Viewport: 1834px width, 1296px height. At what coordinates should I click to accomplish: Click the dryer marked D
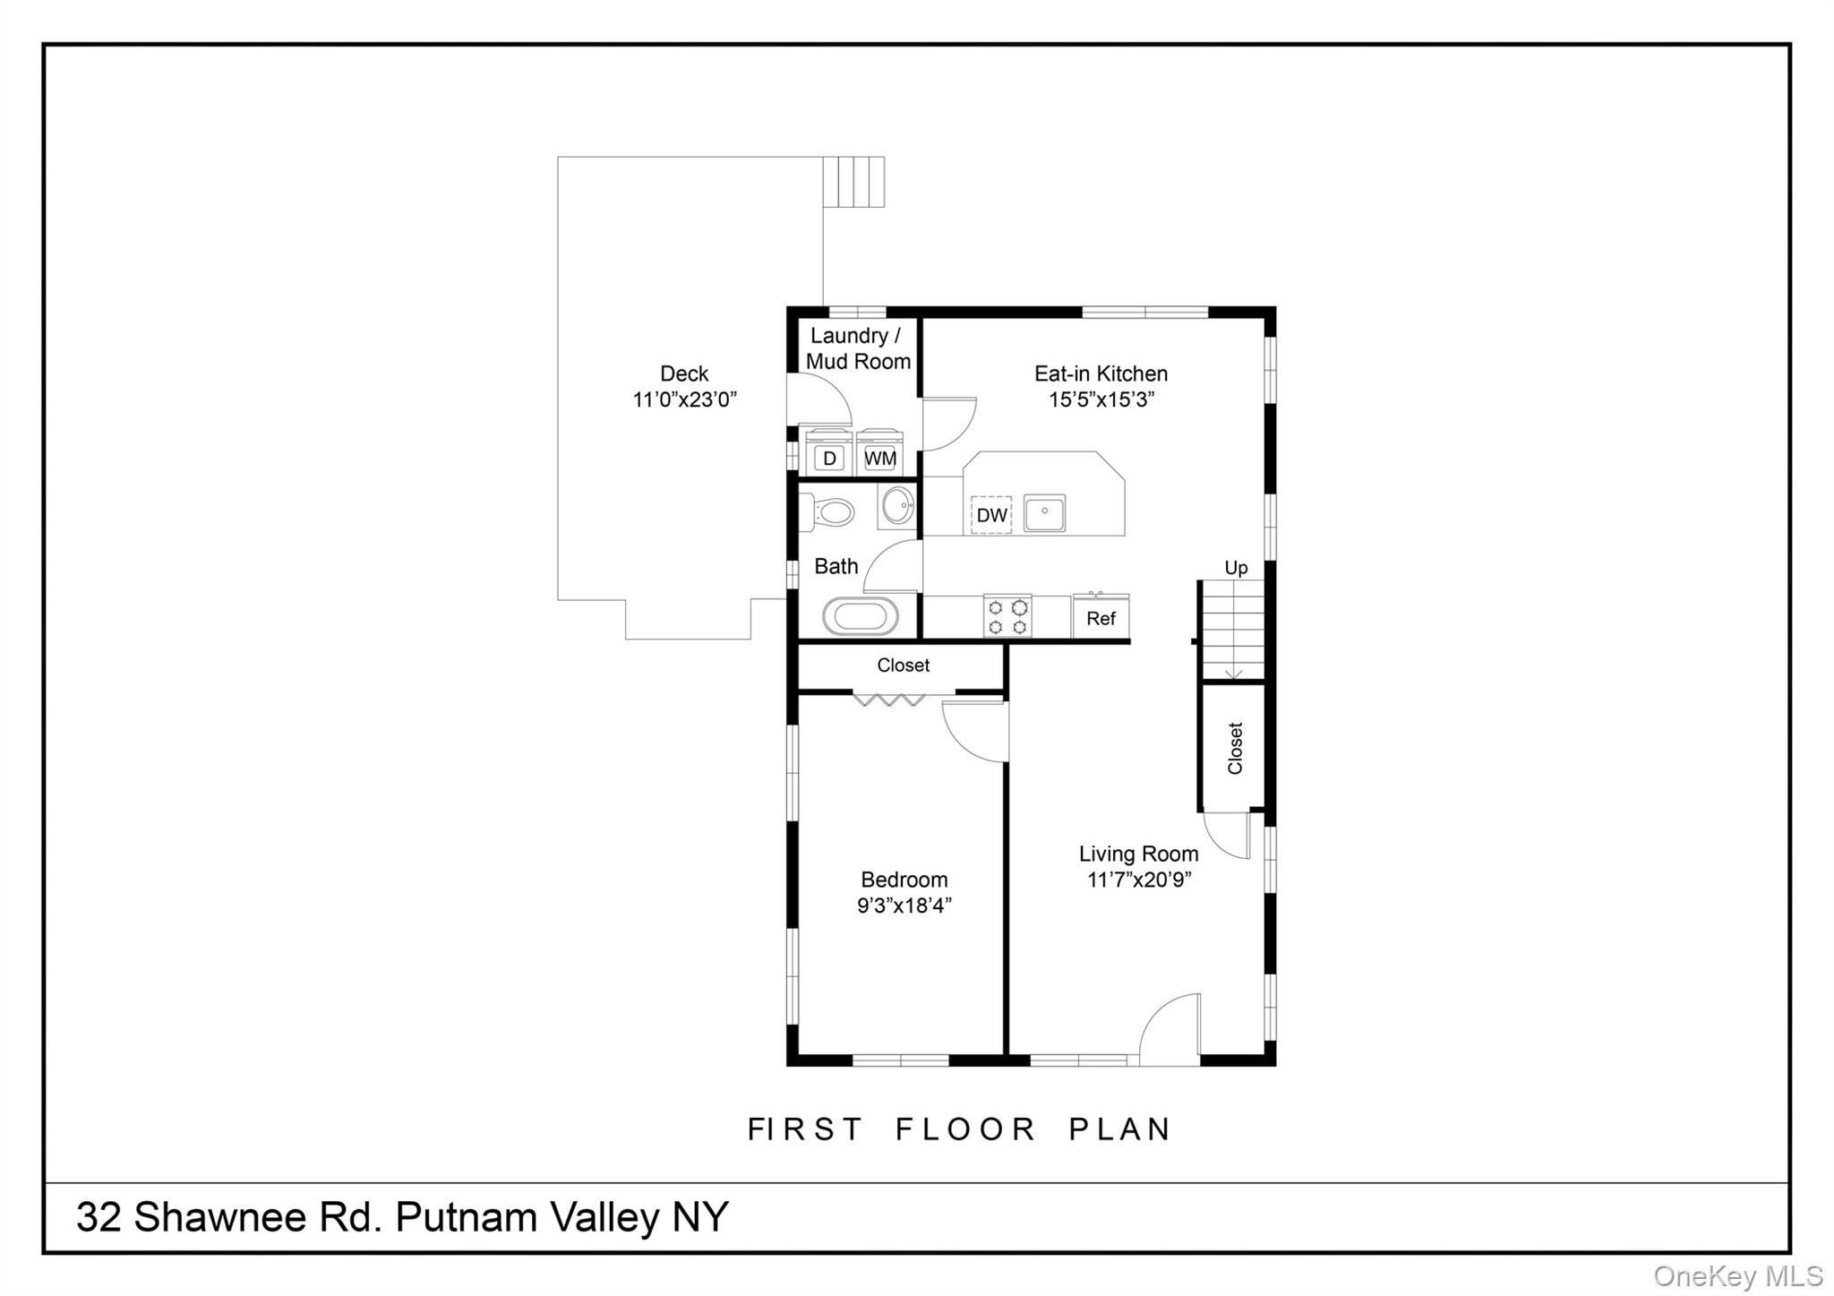coord(829,456)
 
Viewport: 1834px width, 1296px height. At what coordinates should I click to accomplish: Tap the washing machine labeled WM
coord(879,456)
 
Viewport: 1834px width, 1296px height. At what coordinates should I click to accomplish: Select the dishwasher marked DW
coord(991,515)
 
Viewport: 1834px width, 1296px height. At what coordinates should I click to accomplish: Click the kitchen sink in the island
coord(1044,513)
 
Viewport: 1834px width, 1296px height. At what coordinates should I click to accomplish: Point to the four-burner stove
coord(1007,616)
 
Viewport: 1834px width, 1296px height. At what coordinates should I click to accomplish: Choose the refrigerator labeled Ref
coord(1101,618)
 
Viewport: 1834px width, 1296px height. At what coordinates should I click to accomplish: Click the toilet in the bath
coord(832,513)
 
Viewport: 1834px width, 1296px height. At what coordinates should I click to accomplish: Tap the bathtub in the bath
coord(860,617)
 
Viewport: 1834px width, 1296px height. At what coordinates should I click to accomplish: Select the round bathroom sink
coord(897,506)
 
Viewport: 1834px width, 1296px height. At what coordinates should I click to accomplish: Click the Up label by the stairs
coord(1236,568)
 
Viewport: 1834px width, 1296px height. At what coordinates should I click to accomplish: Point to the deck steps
coord(854,182)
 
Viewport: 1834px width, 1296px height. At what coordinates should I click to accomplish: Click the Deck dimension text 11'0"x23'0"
coord(685,399)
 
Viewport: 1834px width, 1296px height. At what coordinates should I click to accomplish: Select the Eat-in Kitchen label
coord(1101,373)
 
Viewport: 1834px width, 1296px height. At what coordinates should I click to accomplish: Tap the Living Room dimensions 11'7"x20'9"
coord(1139,880)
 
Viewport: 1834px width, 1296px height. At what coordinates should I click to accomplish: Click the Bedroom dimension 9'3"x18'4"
coord(904,905)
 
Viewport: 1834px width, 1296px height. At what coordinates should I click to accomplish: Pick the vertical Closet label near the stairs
coord(1236,748)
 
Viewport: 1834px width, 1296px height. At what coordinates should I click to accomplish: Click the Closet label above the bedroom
coord(903,665)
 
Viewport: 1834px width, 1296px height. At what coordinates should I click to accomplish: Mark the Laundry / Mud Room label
coord(857,348)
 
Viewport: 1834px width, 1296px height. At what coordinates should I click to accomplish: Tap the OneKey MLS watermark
coord(1737,1275)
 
